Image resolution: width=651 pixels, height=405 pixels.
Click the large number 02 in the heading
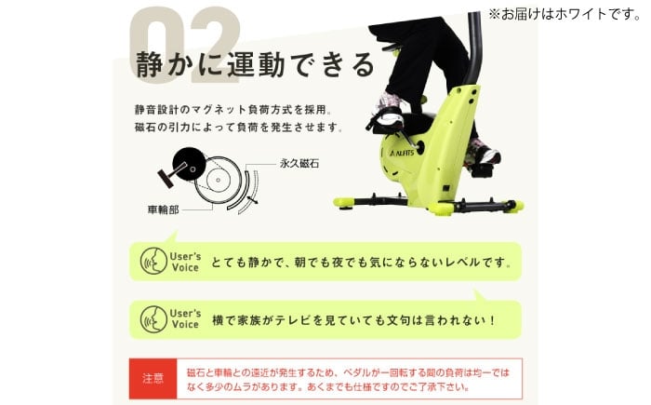point(185,45)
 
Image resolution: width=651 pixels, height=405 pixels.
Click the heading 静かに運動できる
point(256,65)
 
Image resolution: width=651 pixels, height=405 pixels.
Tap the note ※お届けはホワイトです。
point(565,14)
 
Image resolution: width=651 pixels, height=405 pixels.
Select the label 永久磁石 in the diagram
point(299,164)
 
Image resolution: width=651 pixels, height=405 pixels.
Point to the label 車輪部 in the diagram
point(163,209)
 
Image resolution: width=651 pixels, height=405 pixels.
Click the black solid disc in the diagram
point(190,164)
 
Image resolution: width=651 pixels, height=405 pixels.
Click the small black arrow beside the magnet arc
point(252,200)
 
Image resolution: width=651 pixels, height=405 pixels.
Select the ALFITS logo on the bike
point(402,153)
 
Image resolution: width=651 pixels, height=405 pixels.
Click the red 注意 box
point(153,378)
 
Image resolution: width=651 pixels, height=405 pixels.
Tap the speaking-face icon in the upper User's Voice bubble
point(153,261)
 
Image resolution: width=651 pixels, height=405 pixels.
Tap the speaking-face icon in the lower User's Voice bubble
point(153,319)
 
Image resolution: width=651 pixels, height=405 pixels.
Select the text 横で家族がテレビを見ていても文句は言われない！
point(353,320)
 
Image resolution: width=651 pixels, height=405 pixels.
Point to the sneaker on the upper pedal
point(388,110)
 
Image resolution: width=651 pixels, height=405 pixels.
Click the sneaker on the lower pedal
point(482,153)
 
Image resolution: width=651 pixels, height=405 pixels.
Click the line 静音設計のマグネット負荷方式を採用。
point(232,110)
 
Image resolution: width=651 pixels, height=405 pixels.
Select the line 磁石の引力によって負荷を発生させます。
point(239,128)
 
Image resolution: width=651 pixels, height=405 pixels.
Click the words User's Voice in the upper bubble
point(185,262)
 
